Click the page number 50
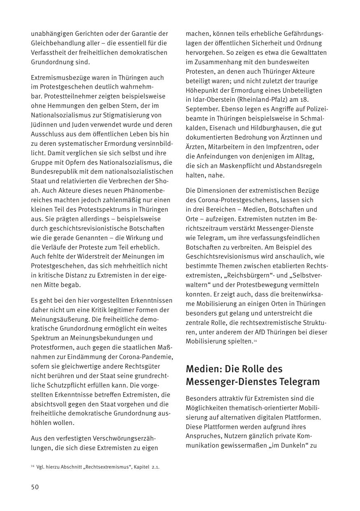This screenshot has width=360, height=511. tap(35, 487)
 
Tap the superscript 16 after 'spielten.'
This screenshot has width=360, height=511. tap(255, 340)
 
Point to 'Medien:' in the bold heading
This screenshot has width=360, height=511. tap(204, 369)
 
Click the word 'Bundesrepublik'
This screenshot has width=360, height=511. tap(52, 172)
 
